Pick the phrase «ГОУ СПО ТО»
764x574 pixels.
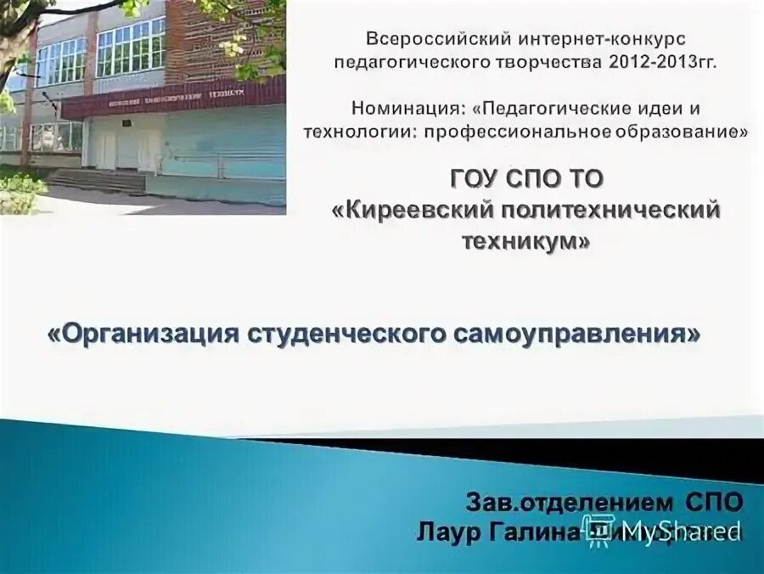point(525,180)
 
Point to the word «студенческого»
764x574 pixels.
point(340,334)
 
